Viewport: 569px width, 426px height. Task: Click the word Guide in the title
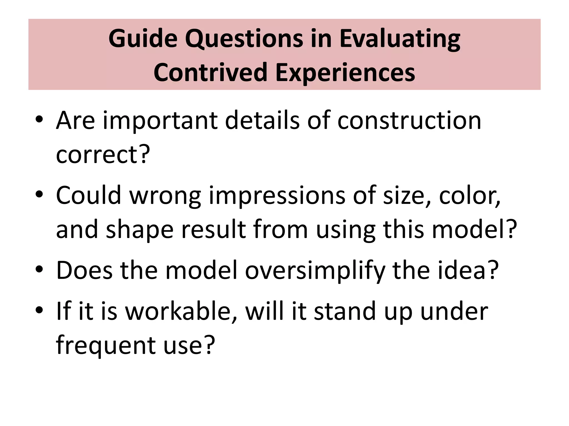point(143,39)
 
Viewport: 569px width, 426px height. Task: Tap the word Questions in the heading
point(244,39)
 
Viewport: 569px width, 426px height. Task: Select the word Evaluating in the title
point(400,39)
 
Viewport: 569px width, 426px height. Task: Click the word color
point(469,196)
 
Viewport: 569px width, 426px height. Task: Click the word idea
point(463,270)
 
